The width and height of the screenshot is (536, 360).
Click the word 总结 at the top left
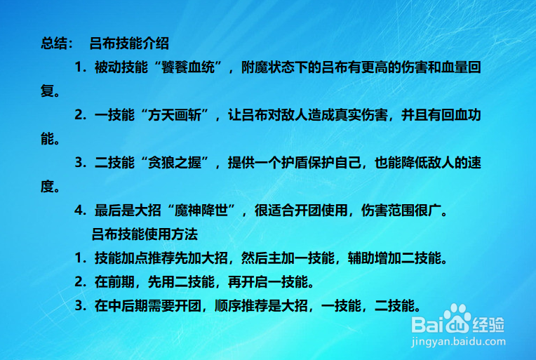point(53,44)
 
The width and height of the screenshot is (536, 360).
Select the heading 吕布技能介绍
point(130,44)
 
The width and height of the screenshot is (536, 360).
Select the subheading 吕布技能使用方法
point(145,234)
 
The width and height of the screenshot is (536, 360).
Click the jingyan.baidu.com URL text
point(457,341)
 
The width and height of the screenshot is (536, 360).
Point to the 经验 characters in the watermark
point(490,324)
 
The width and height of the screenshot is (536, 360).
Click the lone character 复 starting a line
point(47,91)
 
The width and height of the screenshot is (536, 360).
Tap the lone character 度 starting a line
point(47,187)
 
